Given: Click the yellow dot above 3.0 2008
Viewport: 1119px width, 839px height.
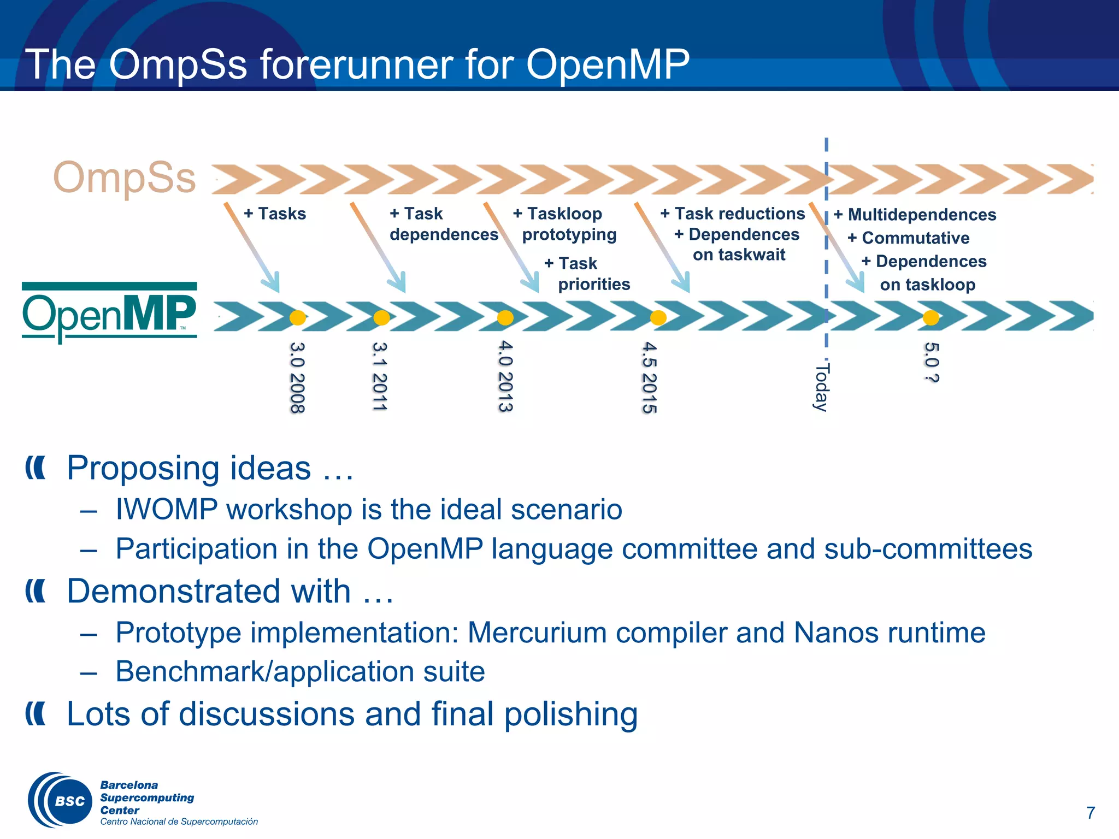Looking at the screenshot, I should [x=297, y=317].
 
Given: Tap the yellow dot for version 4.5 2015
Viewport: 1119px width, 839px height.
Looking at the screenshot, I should [x=658, y=317].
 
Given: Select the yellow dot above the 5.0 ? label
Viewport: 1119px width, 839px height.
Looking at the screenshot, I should [x=931, y=317].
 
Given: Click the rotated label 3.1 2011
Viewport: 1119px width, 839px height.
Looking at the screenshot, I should [x=379, y=377].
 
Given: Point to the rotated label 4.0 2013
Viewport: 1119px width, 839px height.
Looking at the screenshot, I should [x=505, y=377].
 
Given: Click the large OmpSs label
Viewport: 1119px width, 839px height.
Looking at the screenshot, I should [x=125, y=178].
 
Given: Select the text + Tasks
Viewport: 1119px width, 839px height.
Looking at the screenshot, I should [x=275, y=214].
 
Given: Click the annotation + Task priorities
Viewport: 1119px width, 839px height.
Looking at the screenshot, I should [x=588, y=274].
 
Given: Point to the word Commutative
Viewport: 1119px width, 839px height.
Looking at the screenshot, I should [x=916, y=238].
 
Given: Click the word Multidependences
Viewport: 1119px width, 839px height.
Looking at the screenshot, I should [x=922, y=215].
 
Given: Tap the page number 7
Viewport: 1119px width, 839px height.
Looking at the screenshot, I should [x=1090, y=813].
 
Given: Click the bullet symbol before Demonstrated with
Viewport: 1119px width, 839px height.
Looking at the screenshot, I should [x=36, y=592].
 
